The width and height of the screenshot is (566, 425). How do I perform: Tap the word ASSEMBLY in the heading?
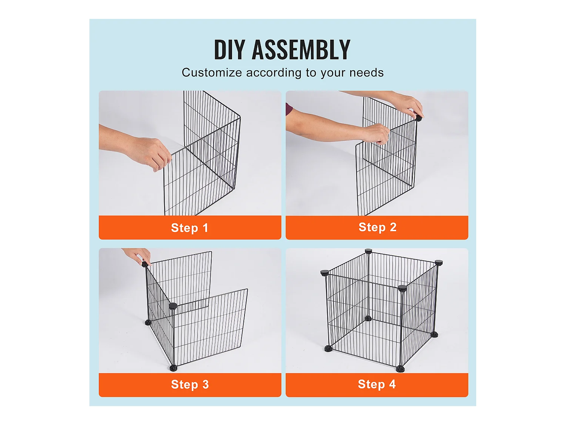click(x=301, y=50)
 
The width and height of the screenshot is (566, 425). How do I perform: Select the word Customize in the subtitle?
click(x=212, y=73)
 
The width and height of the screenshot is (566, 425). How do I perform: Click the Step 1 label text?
click(x=189, y=228)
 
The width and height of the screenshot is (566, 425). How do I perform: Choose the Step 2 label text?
click(x=377, y=227)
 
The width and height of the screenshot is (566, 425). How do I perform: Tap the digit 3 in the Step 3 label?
click(x=205, y=385)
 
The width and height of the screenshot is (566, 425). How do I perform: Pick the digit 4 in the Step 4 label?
click(x=392, y=384)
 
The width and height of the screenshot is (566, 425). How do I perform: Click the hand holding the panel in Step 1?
click(x=151, y=153)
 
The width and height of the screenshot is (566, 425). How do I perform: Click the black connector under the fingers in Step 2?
click(x=418, y=118)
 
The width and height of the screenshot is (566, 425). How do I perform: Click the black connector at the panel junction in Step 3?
click(x=173, y=306)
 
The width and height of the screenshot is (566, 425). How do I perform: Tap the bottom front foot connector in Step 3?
click(x=173, y=368)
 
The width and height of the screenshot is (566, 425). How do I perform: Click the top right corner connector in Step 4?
click(x=438, y=263)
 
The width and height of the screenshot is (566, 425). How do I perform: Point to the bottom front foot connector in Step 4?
click(x=400, y=368)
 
